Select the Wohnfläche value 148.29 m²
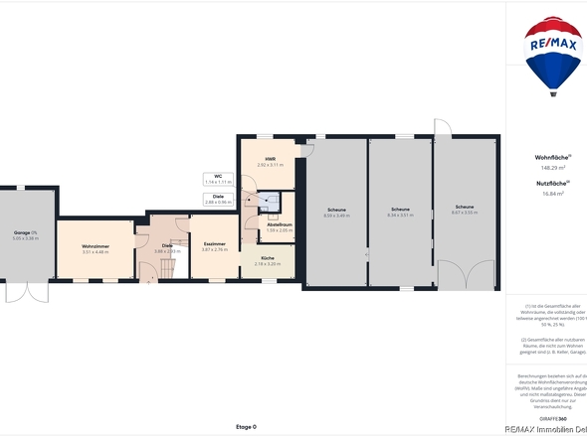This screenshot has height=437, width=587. coord(552,168)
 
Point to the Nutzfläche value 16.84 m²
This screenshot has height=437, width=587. coord(552,194)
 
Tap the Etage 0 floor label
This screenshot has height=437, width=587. coord(246,426)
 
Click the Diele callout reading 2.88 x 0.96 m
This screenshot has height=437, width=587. coord(218,199)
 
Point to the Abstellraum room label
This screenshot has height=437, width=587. coord(280,226)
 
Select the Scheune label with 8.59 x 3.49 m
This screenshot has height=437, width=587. coord(336,213)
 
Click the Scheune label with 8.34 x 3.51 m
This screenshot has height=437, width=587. coord(400,211)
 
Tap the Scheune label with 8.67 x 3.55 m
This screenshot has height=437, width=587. coord(465,210)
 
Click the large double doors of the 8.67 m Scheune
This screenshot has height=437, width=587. coord(466,276)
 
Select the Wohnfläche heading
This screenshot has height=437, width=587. coord(552,157)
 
